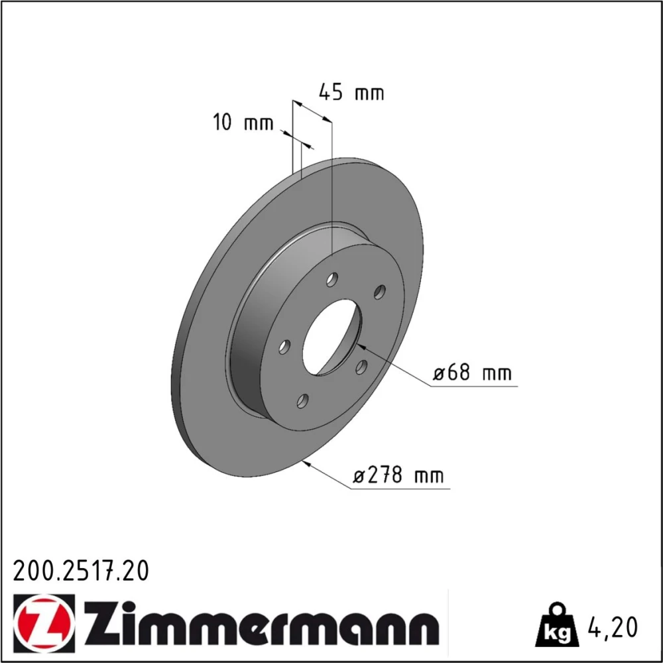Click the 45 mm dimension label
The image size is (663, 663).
[351, 93]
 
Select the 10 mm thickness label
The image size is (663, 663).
[243, 123]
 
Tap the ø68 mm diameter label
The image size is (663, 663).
[472, 373]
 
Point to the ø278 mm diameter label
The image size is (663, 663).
[398, 475]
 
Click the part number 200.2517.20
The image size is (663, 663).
[81, 571]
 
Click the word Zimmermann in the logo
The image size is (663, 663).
[262, 619]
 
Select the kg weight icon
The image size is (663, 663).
[556, 625]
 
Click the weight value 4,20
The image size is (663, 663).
[612, 627]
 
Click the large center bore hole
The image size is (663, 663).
[332, 337]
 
